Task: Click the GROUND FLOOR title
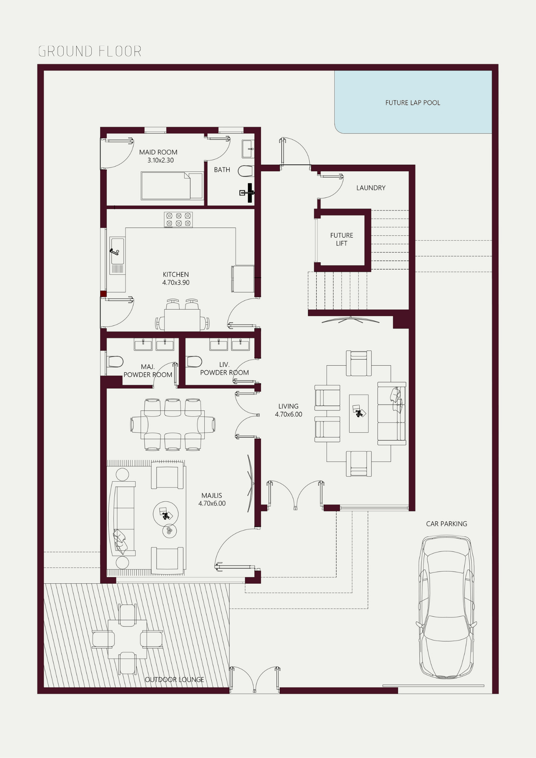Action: point(90,51)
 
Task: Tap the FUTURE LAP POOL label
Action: point(413,103)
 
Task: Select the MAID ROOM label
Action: point(158,152)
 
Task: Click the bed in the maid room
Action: point(172,186)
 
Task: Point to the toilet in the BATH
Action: point(246,171)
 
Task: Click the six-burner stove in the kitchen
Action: point(178,219)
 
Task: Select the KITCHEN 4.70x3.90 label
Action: point(176,278)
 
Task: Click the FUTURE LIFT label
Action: point(342,239)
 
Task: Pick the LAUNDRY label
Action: point(371,188)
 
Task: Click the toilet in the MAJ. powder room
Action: point(115,362)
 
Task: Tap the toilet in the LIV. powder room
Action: point(194,362)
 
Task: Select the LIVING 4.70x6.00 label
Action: point(288,410)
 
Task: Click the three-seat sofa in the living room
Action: point(392,413)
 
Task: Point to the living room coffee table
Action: point(359,413)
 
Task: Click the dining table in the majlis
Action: point(172,424)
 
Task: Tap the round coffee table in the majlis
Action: point(166,514)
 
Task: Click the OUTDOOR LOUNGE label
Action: point(174,680)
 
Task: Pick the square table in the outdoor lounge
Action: point(127,639)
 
